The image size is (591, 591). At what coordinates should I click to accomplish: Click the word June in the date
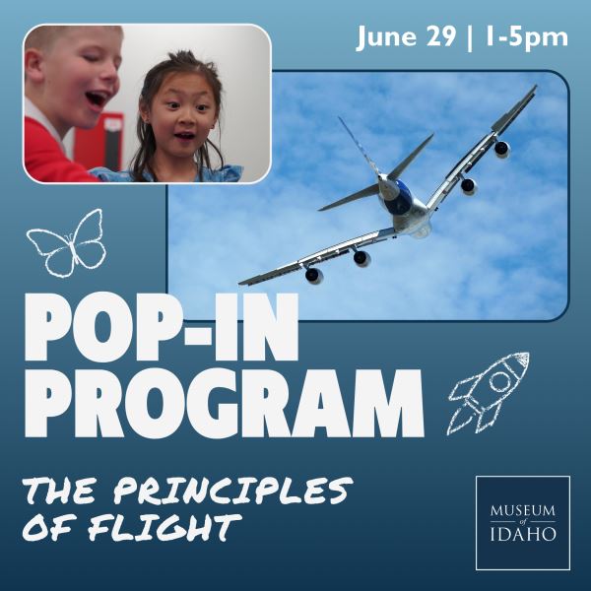387,37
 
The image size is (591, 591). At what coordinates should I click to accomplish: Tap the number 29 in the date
440,37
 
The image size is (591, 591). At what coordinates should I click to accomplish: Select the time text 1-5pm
527,38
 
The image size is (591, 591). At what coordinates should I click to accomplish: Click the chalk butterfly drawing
67,242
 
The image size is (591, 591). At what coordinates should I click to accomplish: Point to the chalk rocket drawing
489,393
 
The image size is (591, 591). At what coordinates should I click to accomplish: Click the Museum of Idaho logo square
523,523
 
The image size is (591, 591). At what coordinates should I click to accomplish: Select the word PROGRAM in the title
225,402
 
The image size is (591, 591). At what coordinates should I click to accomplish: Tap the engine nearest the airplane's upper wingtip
501,149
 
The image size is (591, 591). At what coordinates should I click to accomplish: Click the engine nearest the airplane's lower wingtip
313,275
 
